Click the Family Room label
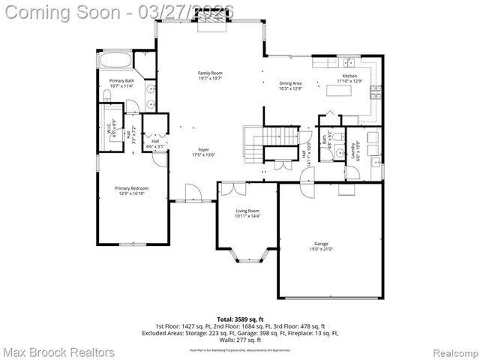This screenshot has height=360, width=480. [x=209, y=73]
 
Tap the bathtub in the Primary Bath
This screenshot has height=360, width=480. [x=115, y=61]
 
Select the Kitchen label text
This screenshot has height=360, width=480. [x=350, y=76]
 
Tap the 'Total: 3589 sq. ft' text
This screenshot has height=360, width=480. [x=240, y=319]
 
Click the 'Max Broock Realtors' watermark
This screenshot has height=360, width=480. [x=58, y=352]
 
